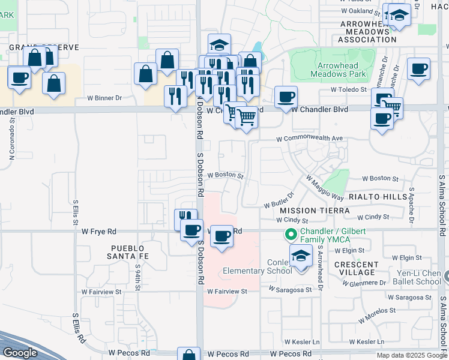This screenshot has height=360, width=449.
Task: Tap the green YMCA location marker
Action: point(291,234)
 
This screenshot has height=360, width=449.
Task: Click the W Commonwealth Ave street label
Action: point(309,138)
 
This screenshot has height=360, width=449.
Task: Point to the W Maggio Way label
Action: point(324,188)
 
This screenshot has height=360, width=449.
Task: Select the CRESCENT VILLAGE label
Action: point(357,268)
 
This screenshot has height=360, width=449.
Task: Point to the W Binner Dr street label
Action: point(104,97)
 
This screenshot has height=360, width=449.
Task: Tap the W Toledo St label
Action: point(349,89)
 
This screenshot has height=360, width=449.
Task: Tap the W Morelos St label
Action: point(379,312)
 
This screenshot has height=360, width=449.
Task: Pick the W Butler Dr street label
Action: point(280,200)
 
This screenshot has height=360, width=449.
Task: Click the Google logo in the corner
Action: point(20,353)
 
